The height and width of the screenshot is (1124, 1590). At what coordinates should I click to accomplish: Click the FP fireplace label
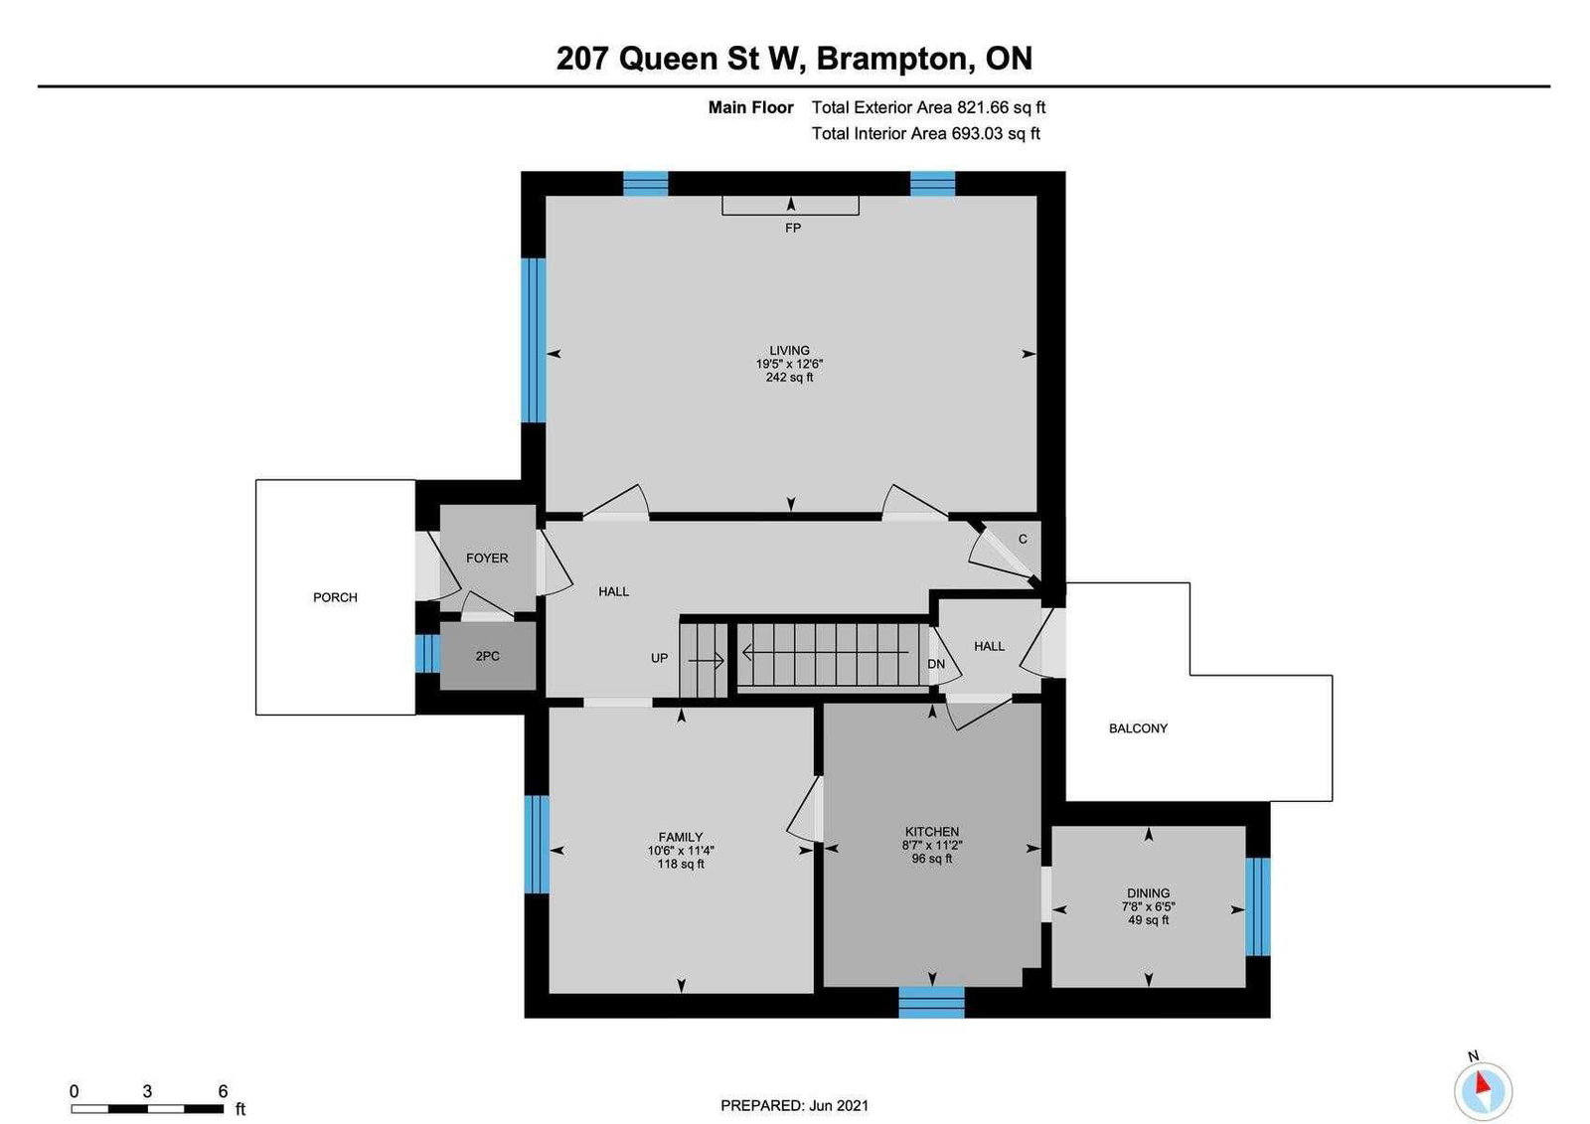(x=792, y=228)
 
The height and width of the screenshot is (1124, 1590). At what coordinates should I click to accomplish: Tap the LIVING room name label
(x=789, y=350)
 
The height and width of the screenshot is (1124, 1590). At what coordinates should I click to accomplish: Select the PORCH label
(x=335, y=597)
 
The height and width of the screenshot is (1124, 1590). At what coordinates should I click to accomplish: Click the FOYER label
(x=487, y=559)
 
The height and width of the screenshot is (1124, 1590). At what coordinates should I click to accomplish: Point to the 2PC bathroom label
(x=488, y=656)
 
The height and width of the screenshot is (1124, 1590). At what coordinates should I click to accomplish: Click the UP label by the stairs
(x=660, y=658)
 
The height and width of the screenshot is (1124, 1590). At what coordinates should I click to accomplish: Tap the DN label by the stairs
(x=936, y=664)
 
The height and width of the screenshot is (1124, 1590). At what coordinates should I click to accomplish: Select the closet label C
(x=1023, y=539)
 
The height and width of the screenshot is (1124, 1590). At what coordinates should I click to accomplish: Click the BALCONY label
(x=1138, y=727)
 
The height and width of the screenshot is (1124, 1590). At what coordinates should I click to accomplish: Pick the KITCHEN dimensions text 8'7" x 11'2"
(x=932, y=845)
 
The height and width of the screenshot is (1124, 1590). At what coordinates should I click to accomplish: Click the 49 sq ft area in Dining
(x=1148, y=920)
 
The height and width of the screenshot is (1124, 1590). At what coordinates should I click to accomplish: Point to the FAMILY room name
(x=680, y=837)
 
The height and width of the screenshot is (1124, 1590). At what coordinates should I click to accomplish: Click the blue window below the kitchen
(x=931, y=1002)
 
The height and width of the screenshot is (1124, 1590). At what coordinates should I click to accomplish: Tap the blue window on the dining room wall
(x=1257, y=906)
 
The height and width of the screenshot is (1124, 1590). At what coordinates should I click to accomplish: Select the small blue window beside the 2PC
(x=427, y=653)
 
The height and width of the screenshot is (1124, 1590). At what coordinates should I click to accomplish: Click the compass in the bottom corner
(x=1483, y=1090)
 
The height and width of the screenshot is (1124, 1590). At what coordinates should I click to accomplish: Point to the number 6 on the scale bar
(x=223, y=1090)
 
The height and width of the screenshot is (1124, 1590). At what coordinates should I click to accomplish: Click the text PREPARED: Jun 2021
(x=794, y=1105)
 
